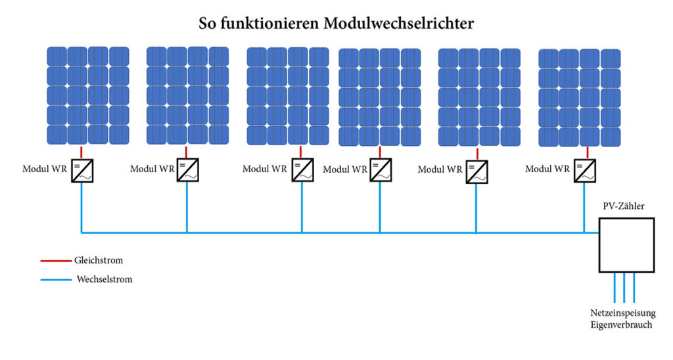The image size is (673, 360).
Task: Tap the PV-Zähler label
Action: pos(623,206)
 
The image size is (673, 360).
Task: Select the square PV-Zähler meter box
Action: pos(626,245)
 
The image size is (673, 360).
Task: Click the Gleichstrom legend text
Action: pos(99,260)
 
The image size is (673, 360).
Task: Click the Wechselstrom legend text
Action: pos(104,279)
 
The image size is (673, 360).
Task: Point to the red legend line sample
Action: pos(56,260)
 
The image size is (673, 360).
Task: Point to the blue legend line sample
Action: pos(56,280)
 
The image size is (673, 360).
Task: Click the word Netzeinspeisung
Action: pos(622,313)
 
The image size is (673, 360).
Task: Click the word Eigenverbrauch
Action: pos(621,325)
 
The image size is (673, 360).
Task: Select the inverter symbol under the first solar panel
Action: pos(82,171)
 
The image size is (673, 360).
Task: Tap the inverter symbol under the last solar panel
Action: pos(584,171)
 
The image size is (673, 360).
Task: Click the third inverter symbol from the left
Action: pos(302,170)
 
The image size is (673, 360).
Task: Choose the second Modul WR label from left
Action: pos(152,169)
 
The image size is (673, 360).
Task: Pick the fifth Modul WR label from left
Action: pos(440,169)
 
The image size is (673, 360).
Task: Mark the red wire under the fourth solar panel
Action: pos(380,152)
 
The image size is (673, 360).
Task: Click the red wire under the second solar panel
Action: pos(186,152)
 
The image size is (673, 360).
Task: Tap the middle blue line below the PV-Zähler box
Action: pos(624,288)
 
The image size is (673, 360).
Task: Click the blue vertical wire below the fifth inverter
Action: pos(476,208)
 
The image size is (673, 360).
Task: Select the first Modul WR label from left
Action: pos(45,169)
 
